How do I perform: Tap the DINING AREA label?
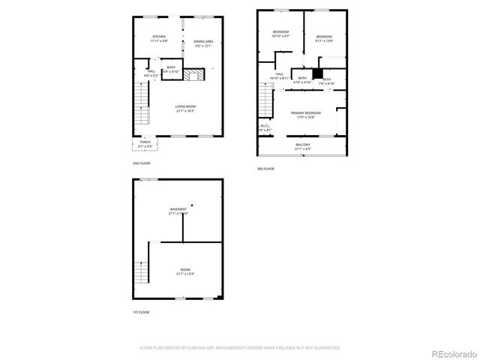point(204,43)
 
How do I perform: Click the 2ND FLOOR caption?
point(141,163)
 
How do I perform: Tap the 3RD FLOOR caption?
point(265,169)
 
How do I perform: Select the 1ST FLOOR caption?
point(140,311)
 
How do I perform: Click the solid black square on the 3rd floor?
point(317,73)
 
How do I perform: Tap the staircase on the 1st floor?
point(139,274)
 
